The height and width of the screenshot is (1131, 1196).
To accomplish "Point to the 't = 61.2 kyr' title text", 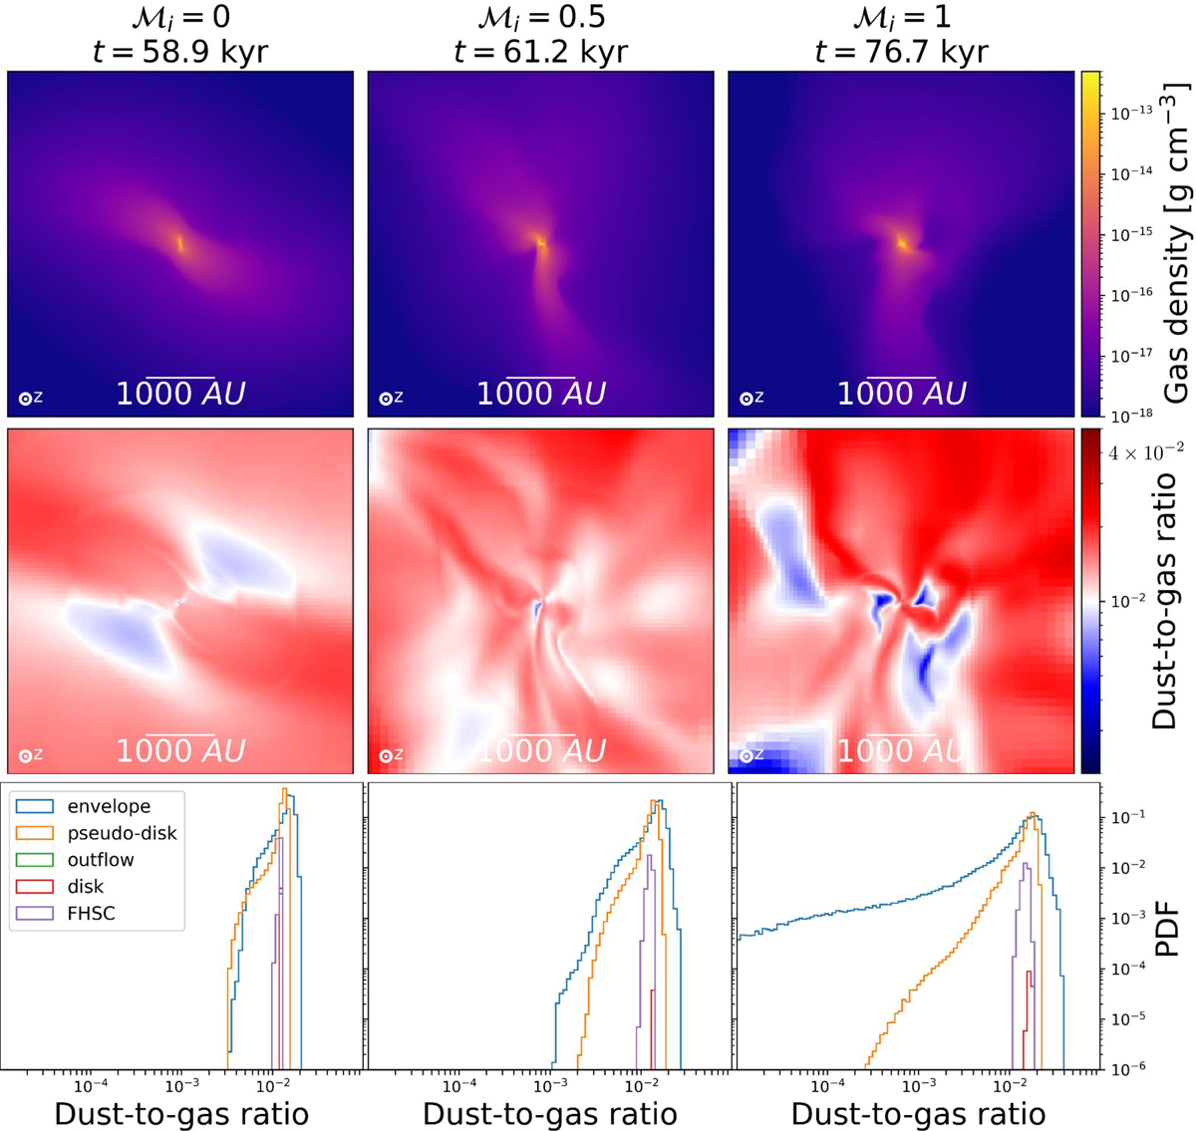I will (x=540, y=51).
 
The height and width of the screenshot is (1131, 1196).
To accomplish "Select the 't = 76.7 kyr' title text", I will (x=901, y=51).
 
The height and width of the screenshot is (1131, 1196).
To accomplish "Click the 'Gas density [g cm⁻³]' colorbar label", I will (x=1176, y=243).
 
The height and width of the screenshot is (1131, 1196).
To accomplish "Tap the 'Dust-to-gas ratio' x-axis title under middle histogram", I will (x=549, y=1113).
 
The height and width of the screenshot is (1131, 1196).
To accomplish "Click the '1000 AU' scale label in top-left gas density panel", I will (x=180, y=394).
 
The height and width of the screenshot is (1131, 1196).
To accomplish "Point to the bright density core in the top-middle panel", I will (x=540, y=241).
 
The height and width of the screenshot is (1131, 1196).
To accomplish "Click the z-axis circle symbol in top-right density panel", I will (x=746, y=399).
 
